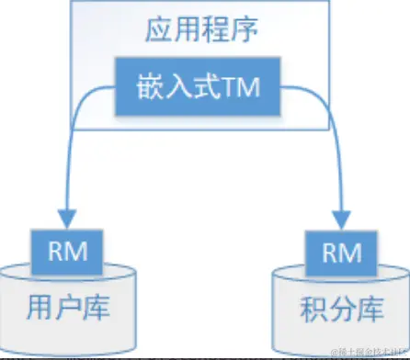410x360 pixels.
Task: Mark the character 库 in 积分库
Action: click(369, 306)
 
